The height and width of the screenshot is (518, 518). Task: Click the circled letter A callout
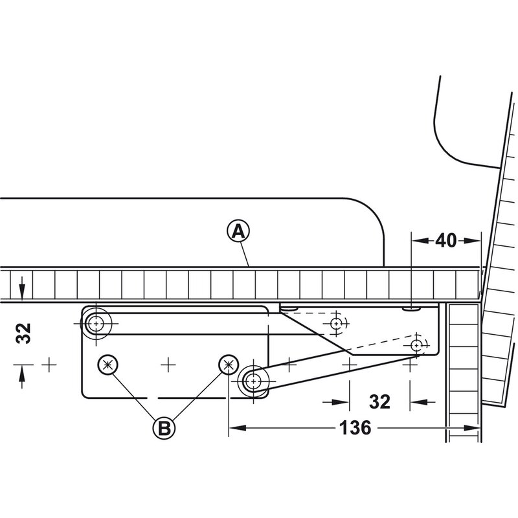click(x=238, y=232)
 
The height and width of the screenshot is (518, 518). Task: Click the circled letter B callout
click(x=164, y=429)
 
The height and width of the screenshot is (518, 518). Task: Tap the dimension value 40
click(x=445, y=240)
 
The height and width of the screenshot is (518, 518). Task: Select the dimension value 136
click(x=355, y=428)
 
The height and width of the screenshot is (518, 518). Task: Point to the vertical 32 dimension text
click(x=23, y=333)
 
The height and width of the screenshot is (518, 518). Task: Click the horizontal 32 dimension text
click(x=379, y=402)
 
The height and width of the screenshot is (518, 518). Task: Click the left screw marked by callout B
click(x=108, y=365)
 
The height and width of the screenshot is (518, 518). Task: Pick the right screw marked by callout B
click(x=229, y=365)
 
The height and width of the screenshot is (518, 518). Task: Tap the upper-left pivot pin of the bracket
click(x=96, y=323)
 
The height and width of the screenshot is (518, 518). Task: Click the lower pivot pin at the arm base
click(x=253, y=381)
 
